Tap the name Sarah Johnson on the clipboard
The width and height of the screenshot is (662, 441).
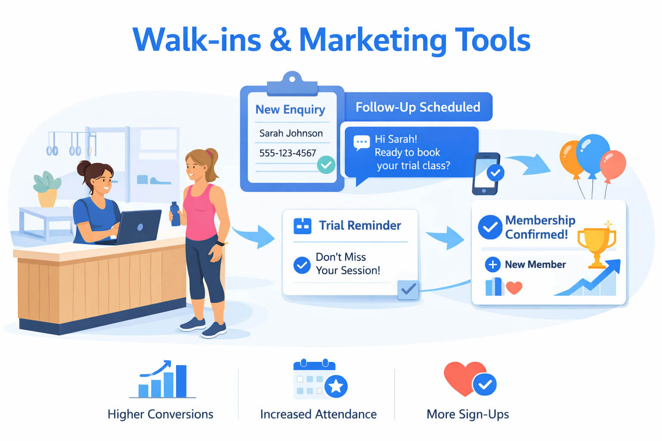[x=291, y=134]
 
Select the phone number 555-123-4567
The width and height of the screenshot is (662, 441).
[x=287, y=153]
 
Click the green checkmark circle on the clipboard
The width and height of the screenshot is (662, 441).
[x=326, y=165]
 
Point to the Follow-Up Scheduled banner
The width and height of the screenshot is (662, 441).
[x=418, y=107]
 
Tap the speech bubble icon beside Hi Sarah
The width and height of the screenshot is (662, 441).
[x=361, y=142]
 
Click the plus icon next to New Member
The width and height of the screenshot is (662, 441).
[x=493, y=264]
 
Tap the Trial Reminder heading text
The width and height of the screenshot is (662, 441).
[x=360, y=226]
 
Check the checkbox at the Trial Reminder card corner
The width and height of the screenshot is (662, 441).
[x=408, y=289]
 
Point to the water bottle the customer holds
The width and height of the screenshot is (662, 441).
[x=175, y=214]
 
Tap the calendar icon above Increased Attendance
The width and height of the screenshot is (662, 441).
[x=319, y=380]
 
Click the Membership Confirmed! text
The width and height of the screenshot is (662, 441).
[x=540, y=227]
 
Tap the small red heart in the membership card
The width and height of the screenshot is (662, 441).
[x=514, y=287]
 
